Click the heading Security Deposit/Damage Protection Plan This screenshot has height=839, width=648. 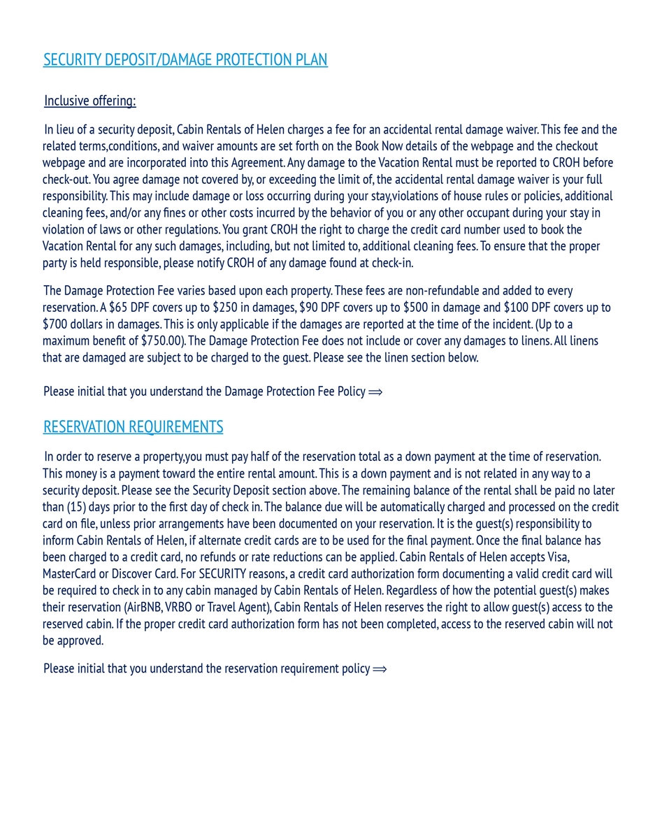(185, 60)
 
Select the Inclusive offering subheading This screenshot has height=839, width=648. (90, 101)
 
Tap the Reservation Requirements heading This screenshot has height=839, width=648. (134, 427)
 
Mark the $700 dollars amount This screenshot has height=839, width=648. (55, 324)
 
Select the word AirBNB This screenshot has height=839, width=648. (144, 608)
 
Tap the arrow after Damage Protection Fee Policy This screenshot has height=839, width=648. (375, 392)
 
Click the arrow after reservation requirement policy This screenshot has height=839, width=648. (380, 669)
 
